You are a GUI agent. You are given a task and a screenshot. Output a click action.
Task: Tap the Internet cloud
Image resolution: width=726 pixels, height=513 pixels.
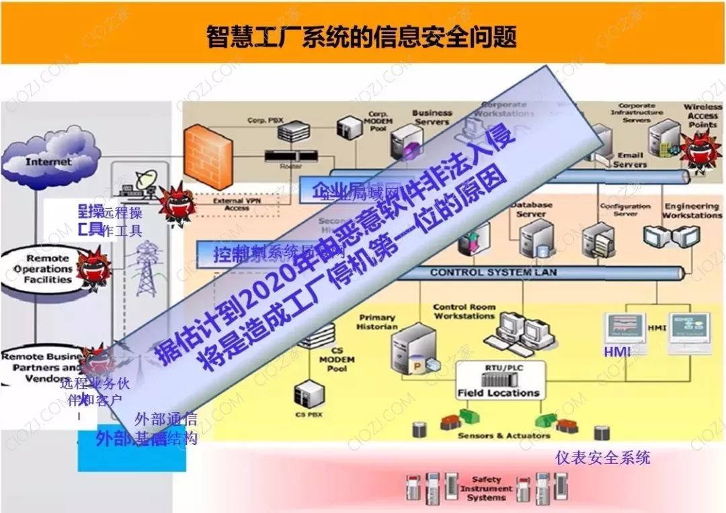[x=48, y=161]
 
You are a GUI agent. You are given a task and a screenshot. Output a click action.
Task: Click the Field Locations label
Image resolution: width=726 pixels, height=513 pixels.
[x=498, y=393]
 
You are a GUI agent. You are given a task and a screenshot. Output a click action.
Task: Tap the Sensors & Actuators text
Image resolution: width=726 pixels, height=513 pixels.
[x=494, y=436]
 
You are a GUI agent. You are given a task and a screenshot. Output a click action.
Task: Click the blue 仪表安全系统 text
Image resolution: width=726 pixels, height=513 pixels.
[x=602, y=458]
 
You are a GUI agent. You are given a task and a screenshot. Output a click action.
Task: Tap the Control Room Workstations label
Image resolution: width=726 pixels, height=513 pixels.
[x=464, y=311]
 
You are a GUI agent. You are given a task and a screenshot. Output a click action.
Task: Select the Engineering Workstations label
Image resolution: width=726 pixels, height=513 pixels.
[x=692, y=211]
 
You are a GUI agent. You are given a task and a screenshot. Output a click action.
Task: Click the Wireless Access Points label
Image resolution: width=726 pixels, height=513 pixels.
[x=702, y=115]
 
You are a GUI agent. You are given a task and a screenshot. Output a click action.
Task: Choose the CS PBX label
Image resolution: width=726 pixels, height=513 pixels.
[x=309, y=414]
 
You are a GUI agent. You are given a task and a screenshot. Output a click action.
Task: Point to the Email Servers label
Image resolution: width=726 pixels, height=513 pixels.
[x=630, y=160]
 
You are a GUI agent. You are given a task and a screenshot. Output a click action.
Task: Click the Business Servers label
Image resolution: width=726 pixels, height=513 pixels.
[x=432, y=118]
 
